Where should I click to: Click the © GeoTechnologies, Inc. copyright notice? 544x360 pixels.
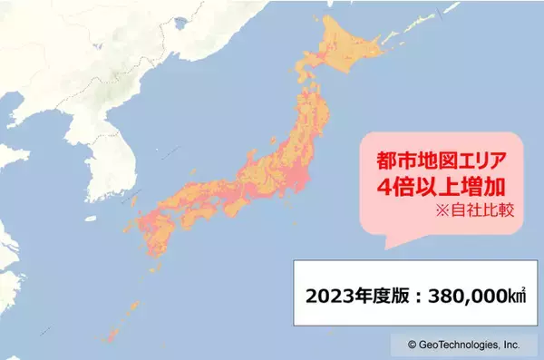(x=463, y=345)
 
